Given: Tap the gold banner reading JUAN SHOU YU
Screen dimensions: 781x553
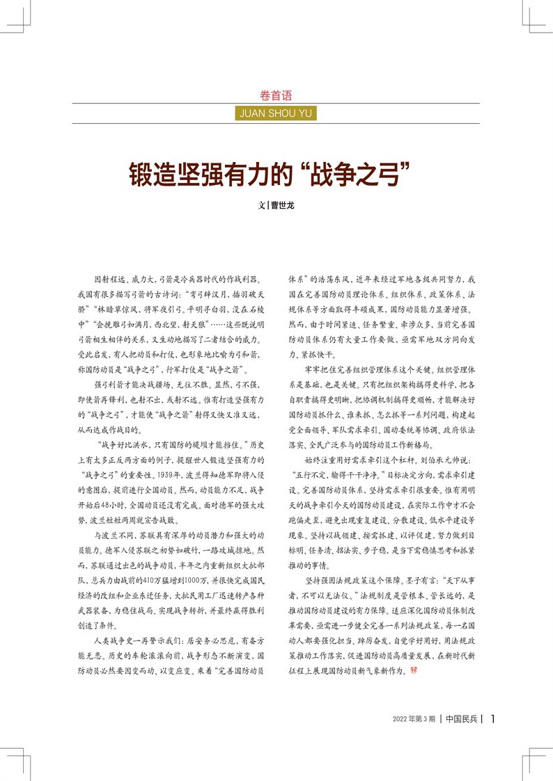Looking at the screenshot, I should point(276,113).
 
